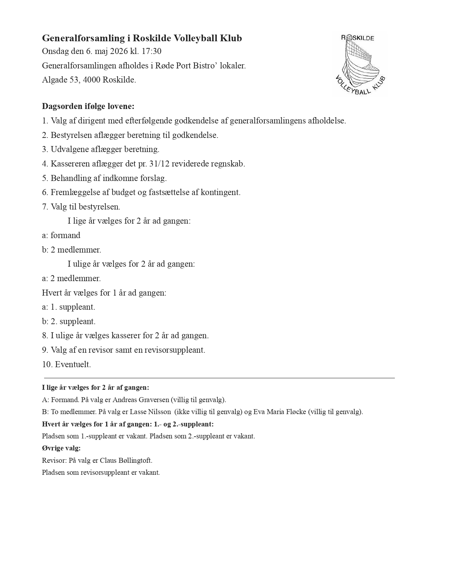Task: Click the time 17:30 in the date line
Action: (151, 51)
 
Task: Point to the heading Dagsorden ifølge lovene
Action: (88, 106)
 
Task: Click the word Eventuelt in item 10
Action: (73, 365)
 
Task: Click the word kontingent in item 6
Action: (221, 193)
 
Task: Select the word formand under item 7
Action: (65, 236)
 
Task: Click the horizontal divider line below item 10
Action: (219, 378)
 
